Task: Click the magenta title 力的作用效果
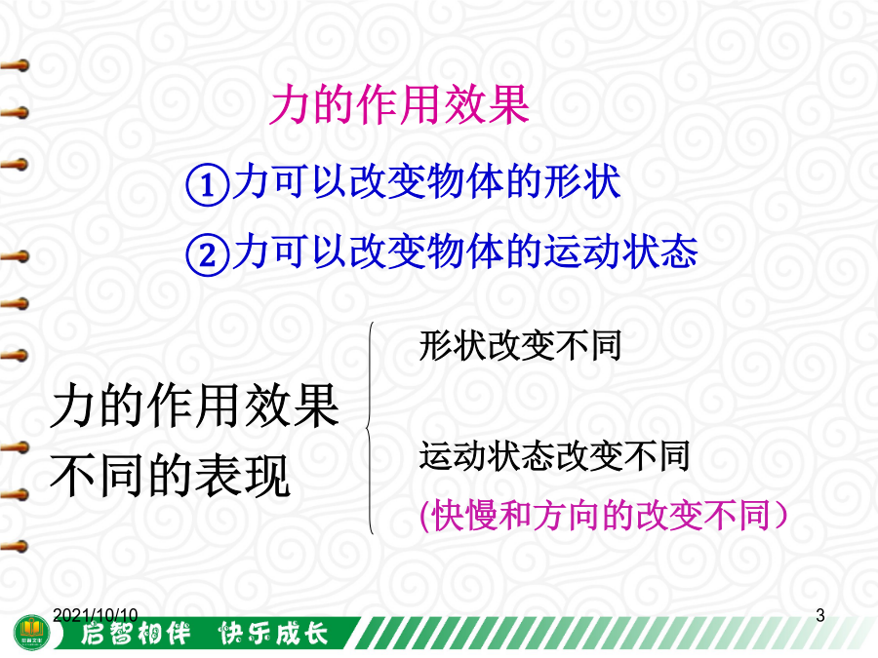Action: coord(399,104)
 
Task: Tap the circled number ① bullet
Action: coord(207,184)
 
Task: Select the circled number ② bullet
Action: coord(207,254)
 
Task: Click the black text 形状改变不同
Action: coord(520,345)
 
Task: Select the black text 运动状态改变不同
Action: coord(554,456)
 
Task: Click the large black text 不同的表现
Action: coord(170,476)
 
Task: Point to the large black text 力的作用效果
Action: coord(194,406)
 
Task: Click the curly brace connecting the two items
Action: coord(369,428)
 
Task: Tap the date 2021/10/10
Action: coord(96,615)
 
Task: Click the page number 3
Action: coord(820,615)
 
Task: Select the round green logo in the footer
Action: coord(32,633)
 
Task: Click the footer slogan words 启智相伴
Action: coord(136,634)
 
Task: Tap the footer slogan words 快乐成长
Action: coord(273,634)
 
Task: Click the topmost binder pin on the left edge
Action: coord(15,66)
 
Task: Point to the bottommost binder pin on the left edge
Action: coord(15,546)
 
